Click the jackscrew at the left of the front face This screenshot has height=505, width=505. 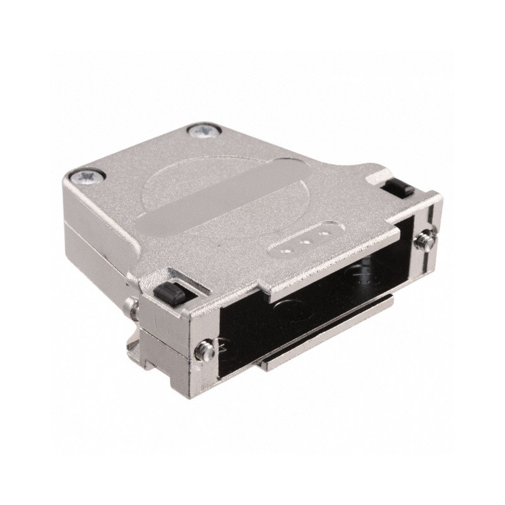point(203,347)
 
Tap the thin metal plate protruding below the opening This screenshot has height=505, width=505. point(328,347)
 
